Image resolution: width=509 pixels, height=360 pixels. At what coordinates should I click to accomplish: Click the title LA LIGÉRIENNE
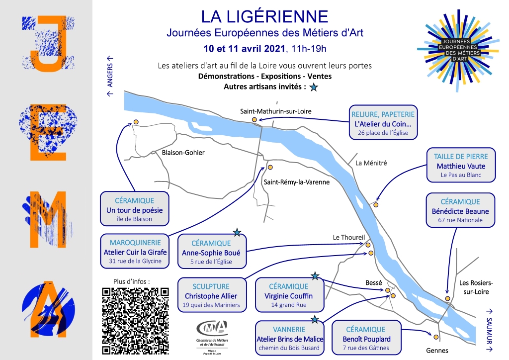[264, 16]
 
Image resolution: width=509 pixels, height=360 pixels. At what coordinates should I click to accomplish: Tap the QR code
[135, 320]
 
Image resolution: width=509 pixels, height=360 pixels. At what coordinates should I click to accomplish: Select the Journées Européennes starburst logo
[458, 50]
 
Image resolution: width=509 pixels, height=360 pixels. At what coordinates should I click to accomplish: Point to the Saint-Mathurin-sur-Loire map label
[275, 111]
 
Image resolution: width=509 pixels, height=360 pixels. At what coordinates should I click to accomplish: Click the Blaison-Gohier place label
[183, 153]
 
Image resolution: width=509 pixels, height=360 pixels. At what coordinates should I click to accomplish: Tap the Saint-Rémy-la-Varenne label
[296, 182]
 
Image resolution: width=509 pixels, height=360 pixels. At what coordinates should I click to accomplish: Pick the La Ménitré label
[371, 163]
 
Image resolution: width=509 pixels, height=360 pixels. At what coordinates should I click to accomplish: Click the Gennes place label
[437, 351]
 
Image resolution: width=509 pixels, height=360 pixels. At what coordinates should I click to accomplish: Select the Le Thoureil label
[348, 237]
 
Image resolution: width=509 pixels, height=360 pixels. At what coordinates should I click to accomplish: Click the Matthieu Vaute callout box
[461, 165]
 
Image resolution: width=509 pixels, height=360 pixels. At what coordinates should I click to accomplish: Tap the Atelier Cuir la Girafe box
[135, 251]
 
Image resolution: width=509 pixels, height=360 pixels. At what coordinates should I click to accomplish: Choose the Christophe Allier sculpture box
[211, 295]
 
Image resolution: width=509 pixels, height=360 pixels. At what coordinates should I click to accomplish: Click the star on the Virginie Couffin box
[315, 276]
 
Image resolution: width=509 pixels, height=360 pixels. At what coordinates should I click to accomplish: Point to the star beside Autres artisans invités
[314, 87]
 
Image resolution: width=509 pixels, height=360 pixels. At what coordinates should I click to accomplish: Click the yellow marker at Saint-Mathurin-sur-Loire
[254, 120]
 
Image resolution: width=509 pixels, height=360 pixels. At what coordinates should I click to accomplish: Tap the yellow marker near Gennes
[436, 337]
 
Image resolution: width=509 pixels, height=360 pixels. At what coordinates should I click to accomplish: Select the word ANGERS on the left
[110, 75]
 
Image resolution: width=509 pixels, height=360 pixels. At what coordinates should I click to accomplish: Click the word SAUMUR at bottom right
[489, 331]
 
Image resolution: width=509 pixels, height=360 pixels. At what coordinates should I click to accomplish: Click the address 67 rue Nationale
[460, 220]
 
